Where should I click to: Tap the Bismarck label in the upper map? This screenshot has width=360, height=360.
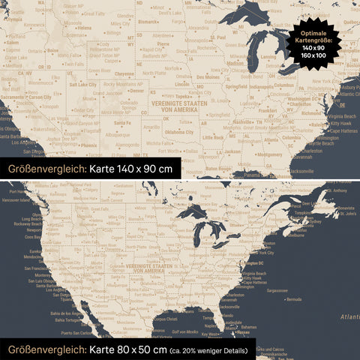tap(147, 22)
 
